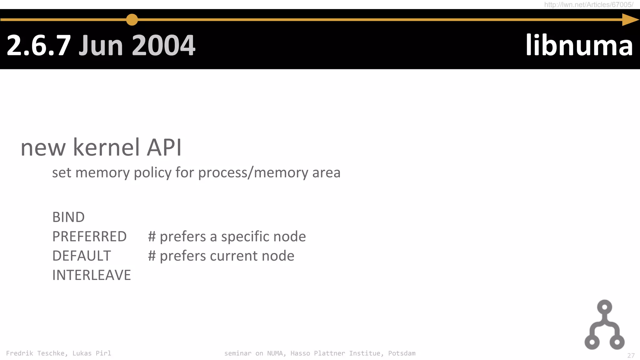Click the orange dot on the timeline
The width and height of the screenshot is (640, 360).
[x=132, y=20]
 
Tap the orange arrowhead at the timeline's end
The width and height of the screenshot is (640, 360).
[x=630, y=20]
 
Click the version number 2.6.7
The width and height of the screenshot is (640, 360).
[x=38, y=46]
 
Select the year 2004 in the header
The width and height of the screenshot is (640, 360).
[x=164, y=46]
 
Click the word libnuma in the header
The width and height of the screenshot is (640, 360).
[x=579, y=46]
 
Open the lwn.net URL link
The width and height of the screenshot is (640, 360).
[x=588, y=5]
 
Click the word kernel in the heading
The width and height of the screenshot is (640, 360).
[x=106, y=147]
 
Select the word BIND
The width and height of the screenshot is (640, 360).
[x=68, y=217]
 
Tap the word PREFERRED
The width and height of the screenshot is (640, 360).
[x=89, y=237]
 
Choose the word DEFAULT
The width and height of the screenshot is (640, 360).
[x=82, y=256]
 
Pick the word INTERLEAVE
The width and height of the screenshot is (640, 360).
[x=92, y=275]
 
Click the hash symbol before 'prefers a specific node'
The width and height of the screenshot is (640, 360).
[x=152, y=237]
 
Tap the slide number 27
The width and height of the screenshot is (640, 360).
[x=631, y=356]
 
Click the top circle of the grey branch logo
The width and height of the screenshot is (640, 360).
[x=604, y=307]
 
